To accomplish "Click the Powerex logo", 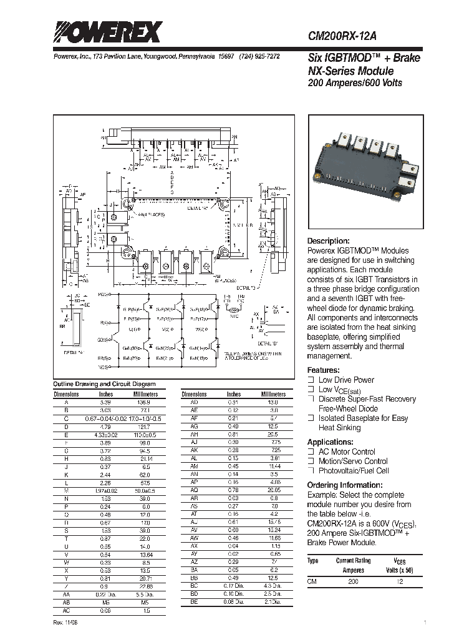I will pos(108,32).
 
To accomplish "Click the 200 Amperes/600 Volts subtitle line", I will pos(355,82).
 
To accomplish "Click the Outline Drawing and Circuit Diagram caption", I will pos(105,384).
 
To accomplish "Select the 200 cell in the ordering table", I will pos(353,581).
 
